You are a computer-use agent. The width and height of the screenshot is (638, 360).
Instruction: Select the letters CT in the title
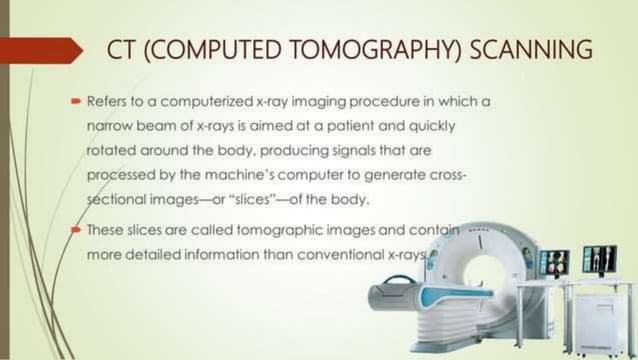[x=121, y=50]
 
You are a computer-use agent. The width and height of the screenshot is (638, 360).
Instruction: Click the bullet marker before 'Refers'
[x=75, y=102]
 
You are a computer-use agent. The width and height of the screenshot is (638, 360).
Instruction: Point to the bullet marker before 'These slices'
[x=75, y=230]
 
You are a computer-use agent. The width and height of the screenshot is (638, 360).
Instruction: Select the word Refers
[x=107, y=102]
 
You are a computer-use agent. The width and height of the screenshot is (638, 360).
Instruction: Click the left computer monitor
[x=553, y=263]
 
